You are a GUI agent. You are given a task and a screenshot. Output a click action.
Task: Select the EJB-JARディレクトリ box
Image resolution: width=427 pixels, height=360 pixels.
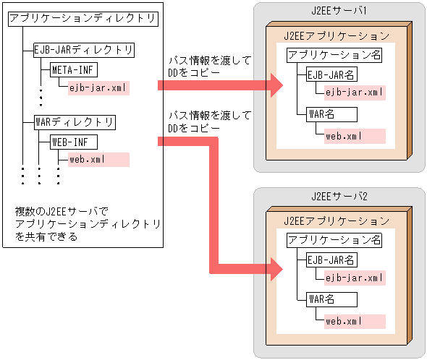[x=84, y=50]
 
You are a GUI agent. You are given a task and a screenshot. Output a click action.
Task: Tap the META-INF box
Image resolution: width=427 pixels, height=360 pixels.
[x=73, y=70]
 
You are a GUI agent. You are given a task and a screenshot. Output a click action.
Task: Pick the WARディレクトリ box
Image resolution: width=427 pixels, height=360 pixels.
[x=75, y=121]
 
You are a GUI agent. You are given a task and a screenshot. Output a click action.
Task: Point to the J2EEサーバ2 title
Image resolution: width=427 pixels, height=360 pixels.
[x=339, y=196]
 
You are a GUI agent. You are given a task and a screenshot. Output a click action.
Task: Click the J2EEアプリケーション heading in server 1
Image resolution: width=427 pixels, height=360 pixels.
[x=337, y=35]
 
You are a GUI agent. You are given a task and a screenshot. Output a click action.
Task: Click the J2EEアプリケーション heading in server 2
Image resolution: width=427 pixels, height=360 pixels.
[x=337, y=220]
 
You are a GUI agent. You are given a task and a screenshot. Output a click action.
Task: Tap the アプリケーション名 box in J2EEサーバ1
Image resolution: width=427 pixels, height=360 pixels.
[x=334, y=55]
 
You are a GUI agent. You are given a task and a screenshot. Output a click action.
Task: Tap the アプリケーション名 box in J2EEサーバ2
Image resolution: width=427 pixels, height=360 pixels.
[x=334, y=241]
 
